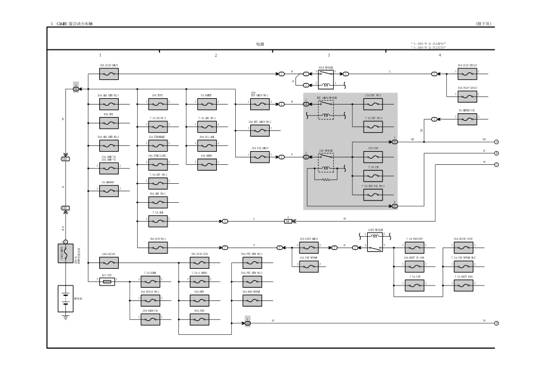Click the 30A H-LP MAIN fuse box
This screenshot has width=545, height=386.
[x=109, y=74]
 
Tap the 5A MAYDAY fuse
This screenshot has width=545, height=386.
[x=109, y=191]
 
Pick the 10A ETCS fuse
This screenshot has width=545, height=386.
[x=158, y=104]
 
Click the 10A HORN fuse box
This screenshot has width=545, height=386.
[x=207, y=164]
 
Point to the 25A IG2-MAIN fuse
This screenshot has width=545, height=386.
[x=259, y=156]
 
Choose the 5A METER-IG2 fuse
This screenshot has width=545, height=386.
[x=468, y=119]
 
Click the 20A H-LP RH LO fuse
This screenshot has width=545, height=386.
[x=468, y=74]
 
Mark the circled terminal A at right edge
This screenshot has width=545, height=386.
[x=496, y=141]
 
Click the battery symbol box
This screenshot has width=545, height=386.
[x=65, y=298]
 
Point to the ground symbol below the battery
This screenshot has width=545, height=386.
[x=65, y=317]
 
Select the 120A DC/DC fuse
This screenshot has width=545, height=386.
[x=109, y=263]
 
